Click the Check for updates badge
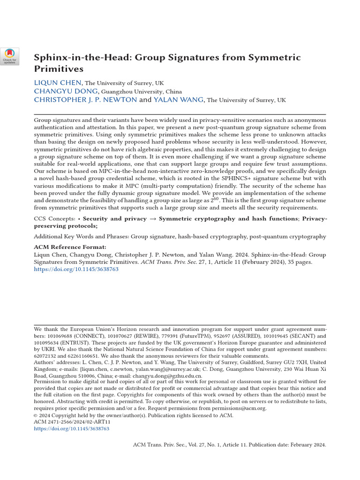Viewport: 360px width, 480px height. point(9,56)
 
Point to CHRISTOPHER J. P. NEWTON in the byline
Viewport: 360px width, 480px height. point(85,99)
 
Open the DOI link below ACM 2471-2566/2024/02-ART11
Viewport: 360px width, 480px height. point(72,428)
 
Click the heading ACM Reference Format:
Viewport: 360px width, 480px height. point(70,247)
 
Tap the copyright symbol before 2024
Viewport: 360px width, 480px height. point(37,415)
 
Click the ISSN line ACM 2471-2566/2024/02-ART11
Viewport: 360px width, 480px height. point(71,422)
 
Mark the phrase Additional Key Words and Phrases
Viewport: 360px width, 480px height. point(81,237)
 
